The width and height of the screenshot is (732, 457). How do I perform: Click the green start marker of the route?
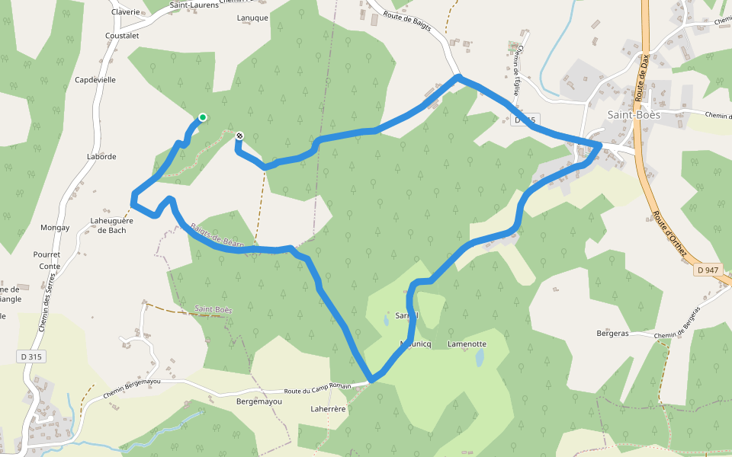[x=203, y=117]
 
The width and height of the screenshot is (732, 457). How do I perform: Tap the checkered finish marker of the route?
[x=240, y=136]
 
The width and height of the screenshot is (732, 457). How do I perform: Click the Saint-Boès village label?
[x=633, y=115]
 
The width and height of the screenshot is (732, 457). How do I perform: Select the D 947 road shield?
[x=708, y=270]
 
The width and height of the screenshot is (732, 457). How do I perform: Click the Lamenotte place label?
[x=467, y=344]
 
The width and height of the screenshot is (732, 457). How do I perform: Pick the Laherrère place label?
[x=329, y=409]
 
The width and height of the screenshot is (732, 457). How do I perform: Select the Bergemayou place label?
[x=254, y=401]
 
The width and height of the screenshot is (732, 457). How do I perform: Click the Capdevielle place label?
[x=95, y=79]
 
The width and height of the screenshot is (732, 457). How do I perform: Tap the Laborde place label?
[x=102, y=157]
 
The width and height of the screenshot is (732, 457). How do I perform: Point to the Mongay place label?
[x=55, y=227]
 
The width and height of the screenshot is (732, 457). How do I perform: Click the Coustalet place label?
[x=122, y=35]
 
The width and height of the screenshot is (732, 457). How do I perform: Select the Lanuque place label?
[x=252, y=18]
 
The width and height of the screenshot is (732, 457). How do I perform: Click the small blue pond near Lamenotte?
[x=478, y=358]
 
